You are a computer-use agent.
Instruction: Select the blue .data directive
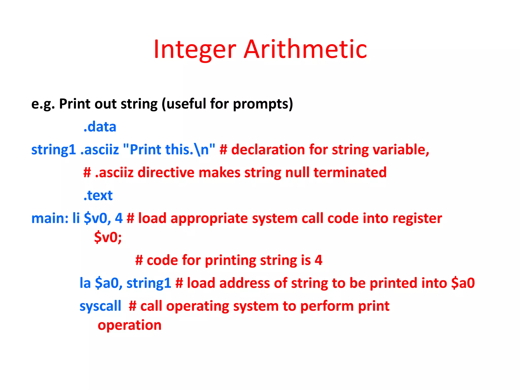(x=100, y=127)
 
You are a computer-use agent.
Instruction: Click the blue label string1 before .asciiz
(x=53, y=150)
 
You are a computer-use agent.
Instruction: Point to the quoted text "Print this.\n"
(x=169, y=150)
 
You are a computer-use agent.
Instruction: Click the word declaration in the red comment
(x=268, y=150)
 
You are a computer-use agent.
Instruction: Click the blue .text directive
(x=98, y=196)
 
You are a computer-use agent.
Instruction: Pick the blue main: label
(x=50, y=218)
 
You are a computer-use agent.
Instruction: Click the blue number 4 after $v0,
(x=119, y=218)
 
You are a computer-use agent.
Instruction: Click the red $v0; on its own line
(x=108, y=237)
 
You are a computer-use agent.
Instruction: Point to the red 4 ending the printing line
(x=318, y=260)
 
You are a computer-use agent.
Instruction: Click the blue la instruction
(x=85, y=283)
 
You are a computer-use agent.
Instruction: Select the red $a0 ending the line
(x=463, y=283)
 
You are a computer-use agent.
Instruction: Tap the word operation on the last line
(x=129, y=325)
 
